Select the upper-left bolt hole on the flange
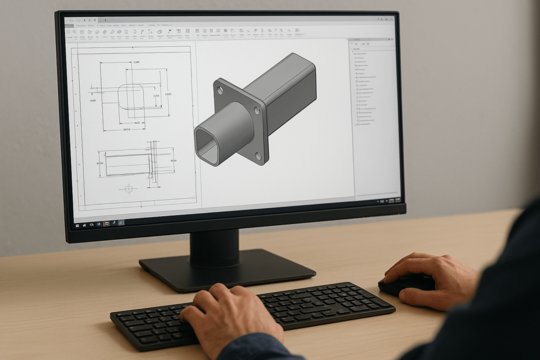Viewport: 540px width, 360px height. pyautogui.click(x=220, y=91)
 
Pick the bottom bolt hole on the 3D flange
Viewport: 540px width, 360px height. pyautogui.click(x=258, y=155)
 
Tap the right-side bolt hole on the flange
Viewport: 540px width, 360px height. pyautogui.click(x=257, y=111)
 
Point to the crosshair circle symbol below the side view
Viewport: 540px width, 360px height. pyautogui.click(x=128, y=188)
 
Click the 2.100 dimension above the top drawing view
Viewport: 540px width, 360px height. pyautogui.click(x=136, y=62)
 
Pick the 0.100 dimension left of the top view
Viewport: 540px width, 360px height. pyautogui.click(x=93, y=100)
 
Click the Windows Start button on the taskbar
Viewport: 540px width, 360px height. pyautogui.click(x=78, y=225)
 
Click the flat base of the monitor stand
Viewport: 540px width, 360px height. pyautogui.click(x=227, y=272)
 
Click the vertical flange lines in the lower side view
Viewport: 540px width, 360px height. pyautogui.click(x=153, y=163)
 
